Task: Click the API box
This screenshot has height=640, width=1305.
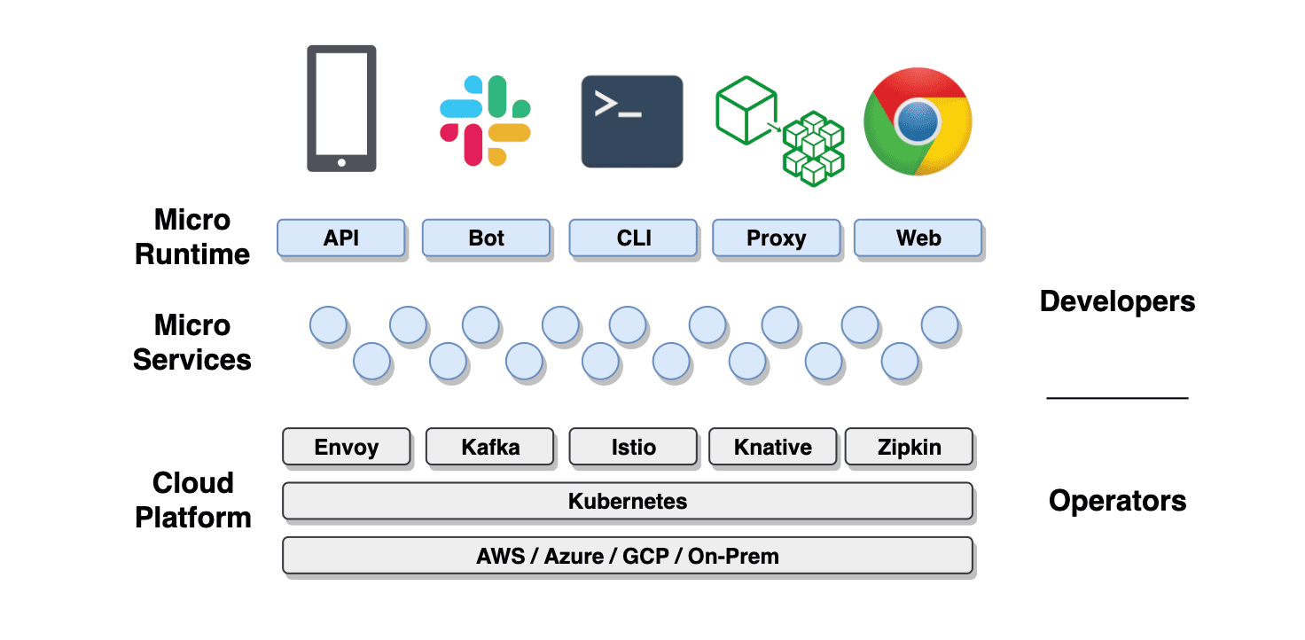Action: point(341,238)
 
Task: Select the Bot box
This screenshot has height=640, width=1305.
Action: point(486,238)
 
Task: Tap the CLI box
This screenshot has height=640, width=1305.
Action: point(633,238)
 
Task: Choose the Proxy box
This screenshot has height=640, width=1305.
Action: point(777,238)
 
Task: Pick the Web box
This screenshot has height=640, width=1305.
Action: point(918,238)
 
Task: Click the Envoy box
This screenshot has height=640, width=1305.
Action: point(347,447)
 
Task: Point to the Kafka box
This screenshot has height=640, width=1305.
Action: point(490,447)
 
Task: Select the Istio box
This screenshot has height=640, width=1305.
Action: point(633,447)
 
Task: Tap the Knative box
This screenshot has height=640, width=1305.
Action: point(773,447)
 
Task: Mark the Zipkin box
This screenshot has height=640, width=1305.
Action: point(910,447)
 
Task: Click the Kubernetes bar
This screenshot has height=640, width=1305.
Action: point(628,501)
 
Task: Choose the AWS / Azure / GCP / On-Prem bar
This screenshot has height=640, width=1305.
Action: point(628,556)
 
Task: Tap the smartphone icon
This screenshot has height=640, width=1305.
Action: point(341,108)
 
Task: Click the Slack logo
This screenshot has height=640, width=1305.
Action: point(485,121)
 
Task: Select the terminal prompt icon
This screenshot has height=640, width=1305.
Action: point(632,121)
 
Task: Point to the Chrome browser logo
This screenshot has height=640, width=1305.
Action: point(918,122)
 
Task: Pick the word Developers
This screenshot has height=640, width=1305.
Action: point(1117,301)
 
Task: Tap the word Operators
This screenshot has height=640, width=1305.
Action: point(1117,501)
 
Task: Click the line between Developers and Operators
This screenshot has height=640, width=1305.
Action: point(1117,398)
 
